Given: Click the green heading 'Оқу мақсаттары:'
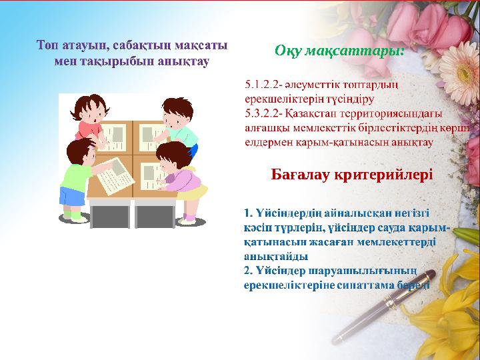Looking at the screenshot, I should pyautogui.click(x=339, y=51).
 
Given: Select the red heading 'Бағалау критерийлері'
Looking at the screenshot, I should pyautogui.click(x=352, y=174).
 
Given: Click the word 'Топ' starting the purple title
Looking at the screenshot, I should pyautogui.click(x=47, y=45).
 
